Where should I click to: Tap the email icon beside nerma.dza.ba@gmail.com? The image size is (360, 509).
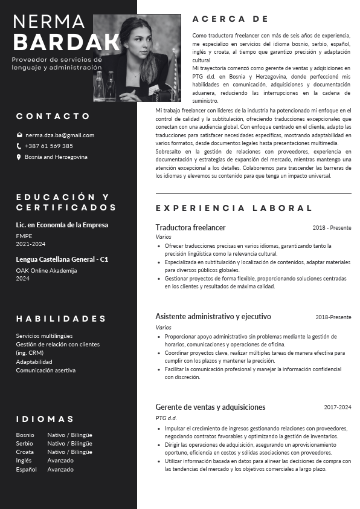coord(19,135)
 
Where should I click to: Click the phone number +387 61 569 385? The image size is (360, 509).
coord(49,146)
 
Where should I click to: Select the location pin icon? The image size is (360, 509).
coord(19,157)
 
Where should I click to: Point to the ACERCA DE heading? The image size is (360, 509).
coord(230,19)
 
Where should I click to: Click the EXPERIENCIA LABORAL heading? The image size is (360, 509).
coord(234,208)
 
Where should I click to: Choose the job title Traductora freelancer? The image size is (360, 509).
coord(190,227)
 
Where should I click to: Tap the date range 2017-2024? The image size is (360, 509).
coord(337,407)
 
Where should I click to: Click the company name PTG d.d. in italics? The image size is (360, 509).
coord(166,418)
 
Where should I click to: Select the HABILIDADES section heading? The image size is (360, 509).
coord(61,319)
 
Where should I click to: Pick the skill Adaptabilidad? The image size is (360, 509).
coord(34,361)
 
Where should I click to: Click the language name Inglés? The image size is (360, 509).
coord(24,461)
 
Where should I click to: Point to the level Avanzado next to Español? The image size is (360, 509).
coord(60,469)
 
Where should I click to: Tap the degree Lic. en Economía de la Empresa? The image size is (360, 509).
coord(62,225)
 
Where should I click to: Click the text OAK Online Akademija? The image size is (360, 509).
coord(47,270)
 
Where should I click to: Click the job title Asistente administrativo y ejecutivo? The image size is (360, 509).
coord(213,316)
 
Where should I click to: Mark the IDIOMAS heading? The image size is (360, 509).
coord(45,419)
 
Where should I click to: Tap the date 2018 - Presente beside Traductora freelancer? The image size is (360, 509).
coord(332,228)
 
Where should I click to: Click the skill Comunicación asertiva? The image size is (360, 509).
coord(46,370)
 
